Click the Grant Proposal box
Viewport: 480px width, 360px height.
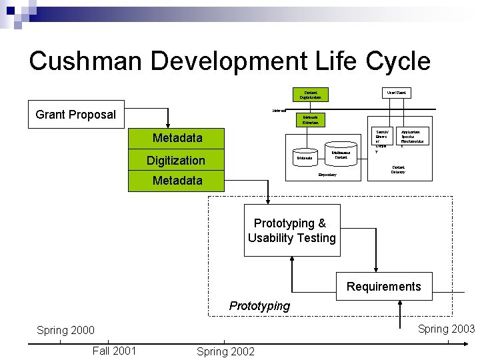(x=75, y=115)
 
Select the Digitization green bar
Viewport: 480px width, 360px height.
(x=176, y=160)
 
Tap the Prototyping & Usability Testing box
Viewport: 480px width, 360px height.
(x=292, y=231)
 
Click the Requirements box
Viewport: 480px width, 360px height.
(x=383, y=287)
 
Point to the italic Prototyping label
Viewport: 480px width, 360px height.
(x=259, y=306)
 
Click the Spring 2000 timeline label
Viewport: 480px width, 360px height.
(x=65, y=330)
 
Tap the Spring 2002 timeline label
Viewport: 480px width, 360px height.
(x=225, y=351)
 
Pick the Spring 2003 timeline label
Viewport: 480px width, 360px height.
(x=446, y=328)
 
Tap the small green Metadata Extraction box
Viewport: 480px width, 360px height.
(x=311, y=120)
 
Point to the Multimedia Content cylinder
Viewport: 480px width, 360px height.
(x=340, y=153)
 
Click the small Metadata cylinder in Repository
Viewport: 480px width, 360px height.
(x=305, y=157)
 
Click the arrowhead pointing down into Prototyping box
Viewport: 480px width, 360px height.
(x=269, y=201)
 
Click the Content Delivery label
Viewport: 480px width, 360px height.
(x=399, y=169)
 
